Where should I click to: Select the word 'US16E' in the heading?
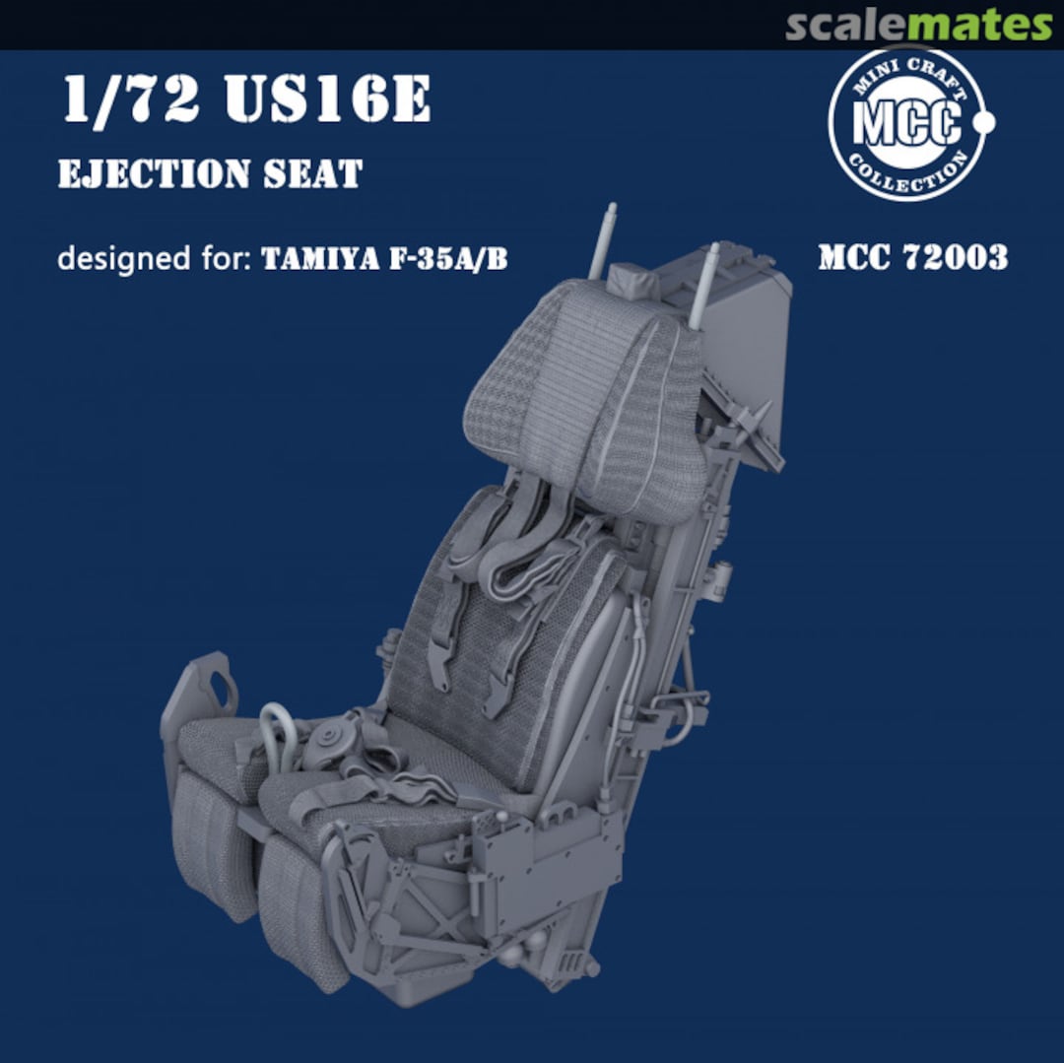coord(329,101)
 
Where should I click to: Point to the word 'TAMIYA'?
coord(318,259)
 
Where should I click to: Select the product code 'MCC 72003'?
coord(912,258)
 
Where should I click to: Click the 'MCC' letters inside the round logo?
coord(905,125)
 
